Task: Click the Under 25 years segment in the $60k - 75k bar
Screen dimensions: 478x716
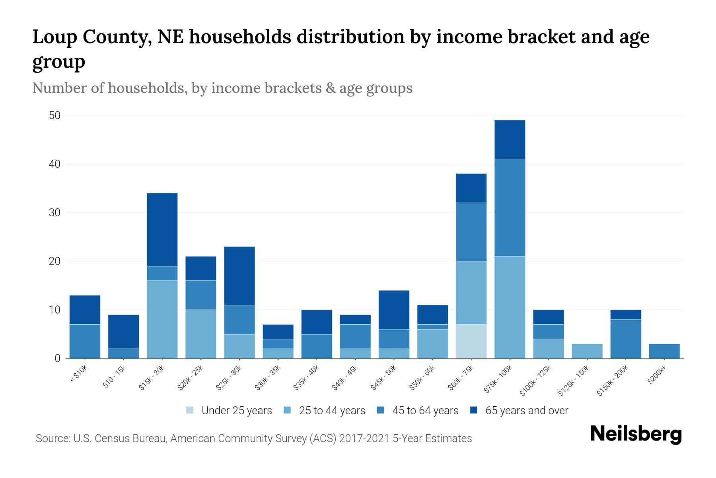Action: click(x=471, y=341)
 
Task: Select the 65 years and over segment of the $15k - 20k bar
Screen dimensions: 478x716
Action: click(x=162, y=229)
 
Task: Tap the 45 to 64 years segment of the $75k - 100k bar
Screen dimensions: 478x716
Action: click(x=510, y=208)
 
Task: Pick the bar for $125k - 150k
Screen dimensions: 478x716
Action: click(x=587, y=351)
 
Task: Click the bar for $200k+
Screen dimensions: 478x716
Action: click(x=664, y=351)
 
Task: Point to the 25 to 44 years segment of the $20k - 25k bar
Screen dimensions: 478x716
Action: click(x=201, y=334)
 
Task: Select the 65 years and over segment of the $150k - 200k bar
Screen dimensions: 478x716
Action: click(x=626, y=315)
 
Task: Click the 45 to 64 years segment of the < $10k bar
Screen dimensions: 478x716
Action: click(x=85, y=341)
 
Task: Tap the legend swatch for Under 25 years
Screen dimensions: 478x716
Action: click(x=190, y=410)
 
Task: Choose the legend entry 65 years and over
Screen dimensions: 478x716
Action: click(x=526, y=411)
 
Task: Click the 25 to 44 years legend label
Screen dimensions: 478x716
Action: click(x=332, y=411)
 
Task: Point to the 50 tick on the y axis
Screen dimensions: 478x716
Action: click(x=54, y=116)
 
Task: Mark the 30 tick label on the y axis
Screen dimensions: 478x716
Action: click(x=54, y=213)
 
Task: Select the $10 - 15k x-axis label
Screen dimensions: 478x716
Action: click(x=114, y=377)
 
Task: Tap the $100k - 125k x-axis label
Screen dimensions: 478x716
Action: click(x=535, y=380)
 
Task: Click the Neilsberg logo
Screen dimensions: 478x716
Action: click(x=636, y=434)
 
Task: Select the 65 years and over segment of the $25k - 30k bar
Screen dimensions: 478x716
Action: click(x=239, y=276)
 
